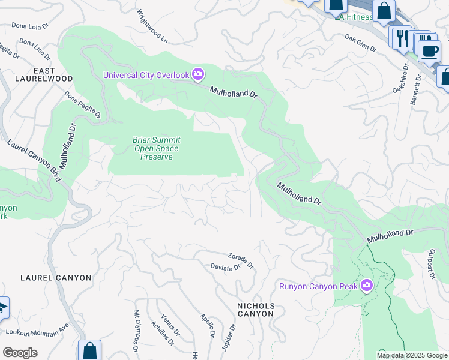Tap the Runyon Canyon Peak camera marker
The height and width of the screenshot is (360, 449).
[366, 286]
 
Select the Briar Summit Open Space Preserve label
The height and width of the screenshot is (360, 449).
[156, 148]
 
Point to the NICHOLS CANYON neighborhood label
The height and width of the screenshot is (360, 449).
[256, 310]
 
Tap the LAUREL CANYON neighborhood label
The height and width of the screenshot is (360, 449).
[56, 278]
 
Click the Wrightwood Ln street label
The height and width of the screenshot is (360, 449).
[152, 26]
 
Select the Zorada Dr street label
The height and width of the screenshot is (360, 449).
[241, 260]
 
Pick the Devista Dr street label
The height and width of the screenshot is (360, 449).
[225, 268]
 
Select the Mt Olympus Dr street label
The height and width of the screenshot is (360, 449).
[137, 331]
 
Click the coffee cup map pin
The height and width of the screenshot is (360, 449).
[429, 51]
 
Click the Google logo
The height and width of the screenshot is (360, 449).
[20, 353]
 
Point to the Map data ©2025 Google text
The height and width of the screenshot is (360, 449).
[411, 355]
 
